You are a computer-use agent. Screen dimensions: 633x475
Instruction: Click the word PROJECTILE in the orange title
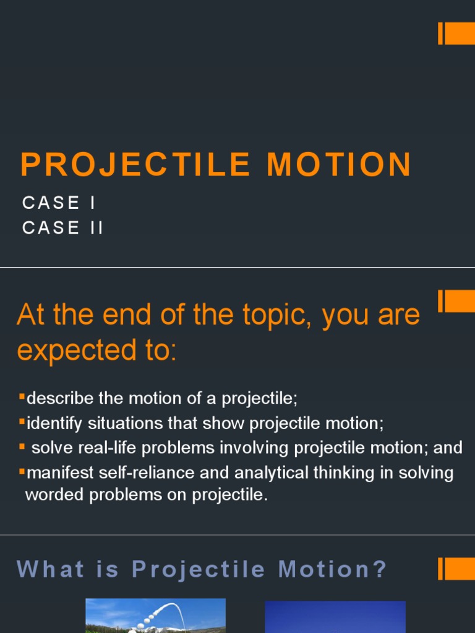tap(134, 165)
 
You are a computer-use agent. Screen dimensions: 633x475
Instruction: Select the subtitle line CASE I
tap(59, 203)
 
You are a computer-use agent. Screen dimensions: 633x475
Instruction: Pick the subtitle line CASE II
tap(62, 227)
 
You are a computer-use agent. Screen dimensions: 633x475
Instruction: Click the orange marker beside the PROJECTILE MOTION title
tap(456, 33)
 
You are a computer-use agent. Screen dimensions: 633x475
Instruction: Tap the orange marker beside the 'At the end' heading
tap(456, 301)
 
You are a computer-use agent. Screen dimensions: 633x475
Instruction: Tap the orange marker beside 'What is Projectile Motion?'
tap(456, 569)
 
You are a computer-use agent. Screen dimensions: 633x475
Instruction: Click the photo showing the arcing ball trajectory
tap(155, 616)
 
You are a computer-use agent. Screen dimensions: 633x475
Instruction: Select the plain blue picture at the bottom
tap(335, 617)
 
